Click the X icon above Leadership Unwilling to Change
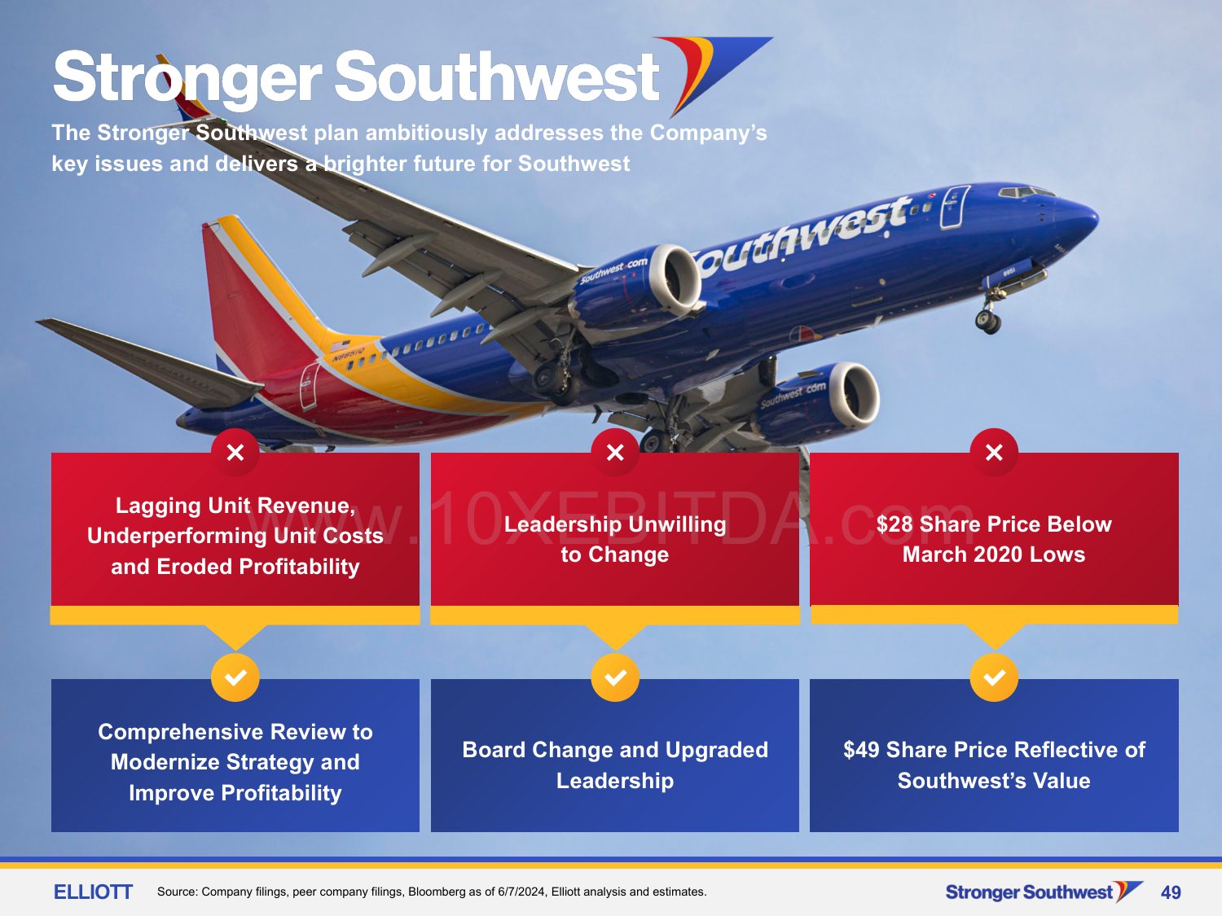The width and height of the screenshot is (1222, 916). pos(614,452)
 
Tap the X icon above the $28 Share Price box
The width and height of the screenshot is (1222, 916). pos(994,452)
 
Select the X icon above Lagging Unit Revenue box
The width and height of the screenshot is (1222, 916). pos(235,452)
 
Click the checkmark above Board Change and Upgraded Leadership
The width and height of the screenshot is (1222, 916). pos(614,677)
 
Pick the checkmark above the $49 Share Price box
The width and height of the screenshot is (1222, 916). pos(994,677)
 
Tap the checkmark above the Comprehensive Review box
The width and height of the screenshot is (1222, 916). pos(235,677)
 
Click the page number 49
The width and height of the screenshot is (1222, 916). pos(1170,892)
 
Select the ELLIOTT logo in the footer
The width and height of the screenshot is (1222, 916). pos(93,892)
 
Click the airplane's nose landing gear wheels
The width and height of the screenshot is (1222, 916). pos(988,322)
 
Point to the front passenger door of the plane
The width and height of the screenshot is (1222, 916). pos(955,207)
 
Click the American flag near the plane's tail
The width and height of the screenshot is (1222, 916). pos(341,346)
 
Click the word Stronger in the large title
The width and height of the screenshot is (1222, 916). pos(187,77)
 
